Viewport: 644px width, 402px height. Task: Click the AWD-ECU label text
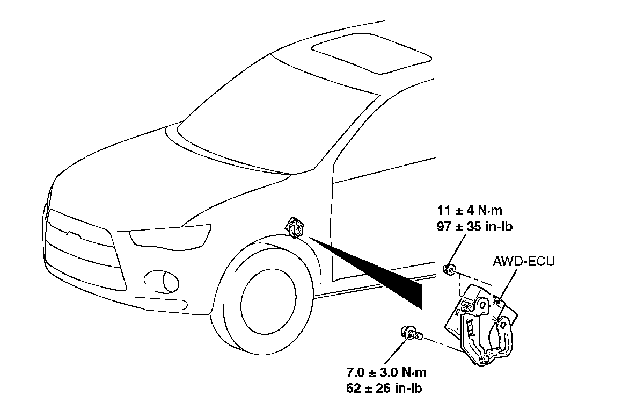pyautogui.click(x=523, y=262)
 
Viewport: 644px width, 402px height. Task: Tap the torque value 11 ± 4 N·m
pyautogui.click(x=470, y=211)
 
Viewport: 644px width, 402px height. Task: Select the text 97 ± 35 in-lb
pyautogui.click(x=474, y=227)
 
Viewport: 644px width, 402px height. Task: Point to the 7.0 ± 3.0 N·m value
pyautogui.click(x=386, y=372)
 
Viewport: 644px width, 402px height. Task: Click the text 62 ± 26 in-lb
pyautogui.click(x=388, y=387)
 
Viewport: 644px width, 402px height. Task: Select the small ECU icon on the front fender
pyautogui.click(x=296, y=228)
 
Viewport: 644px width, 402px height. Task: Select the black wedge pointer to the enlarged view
pyautogui.click(x=376, y=269)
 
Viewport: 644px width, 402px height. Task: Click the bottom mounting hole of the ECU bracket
pyautogui.click(x=485, y=358)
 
